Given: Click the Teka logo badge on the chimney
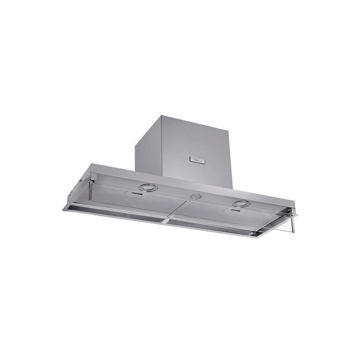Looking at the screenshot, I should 198,159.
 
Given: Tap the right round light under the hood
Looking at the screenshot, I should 241,204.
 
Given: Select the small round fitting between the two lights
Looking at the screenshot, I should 194,197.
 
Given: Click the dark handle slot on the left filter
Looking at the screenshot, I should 138,195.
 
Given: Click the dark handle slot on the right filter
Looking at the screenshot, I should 235,211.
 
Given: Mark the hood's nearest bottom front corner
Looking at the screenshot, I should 257,237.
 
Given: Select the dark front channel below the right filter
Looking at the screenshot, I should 211,227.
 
